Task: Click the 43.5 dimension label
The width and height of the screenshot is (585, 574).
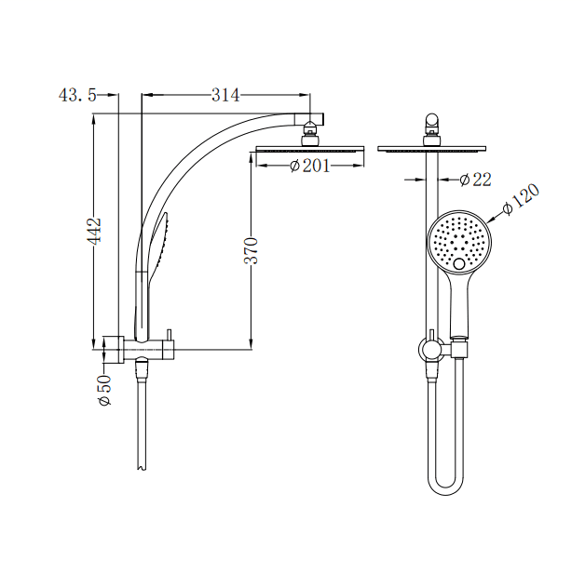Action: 76,95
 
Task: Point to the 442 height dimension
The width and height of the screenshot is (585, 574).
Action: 94,231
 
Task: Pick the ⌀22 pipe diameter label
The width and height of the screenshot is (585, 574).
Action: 475,180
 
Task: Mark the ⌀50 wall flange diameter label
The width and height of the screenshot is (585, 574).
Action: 104,389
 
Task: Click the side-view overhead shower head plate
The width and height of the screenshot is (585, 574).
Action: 310,148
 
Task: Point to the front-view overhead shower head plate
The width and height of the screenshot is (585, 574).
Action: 432,148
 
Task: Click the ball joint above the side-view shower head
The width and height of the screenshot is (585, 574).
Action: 310,138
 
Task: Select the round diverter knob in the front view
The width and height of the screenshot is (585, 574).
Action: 429,349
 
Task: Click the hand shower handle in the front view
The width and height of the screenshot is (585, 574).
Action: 459,307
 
